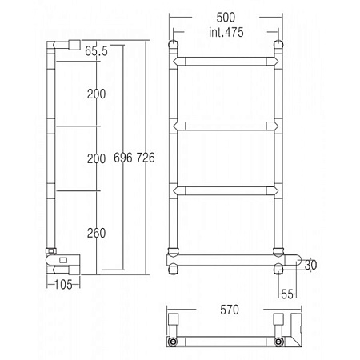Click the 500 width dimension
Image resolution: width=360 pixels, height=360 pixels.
(226, 18)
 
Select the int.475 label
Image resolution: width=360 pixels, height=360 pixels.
(226, 32)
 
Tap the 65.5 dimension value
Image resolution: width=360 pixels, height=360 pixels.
(96, 51)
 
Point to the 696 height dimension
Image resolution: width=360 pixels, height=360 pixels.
(123, 158)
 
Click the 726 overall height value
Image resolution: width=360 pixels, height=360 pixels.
(146, 158)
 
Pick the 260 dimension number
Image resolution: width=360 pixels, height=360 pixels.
(96, 233)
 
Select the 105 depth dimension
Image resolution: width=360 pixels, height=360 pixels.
(63, 285)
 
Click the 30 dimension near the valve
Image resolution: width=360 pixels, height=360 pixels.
(310, 265)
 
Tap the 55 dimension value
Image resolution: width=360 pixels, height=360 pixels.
(287, 294)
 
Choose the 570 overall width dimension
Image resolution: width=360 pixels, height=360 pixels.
(230, 310)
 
